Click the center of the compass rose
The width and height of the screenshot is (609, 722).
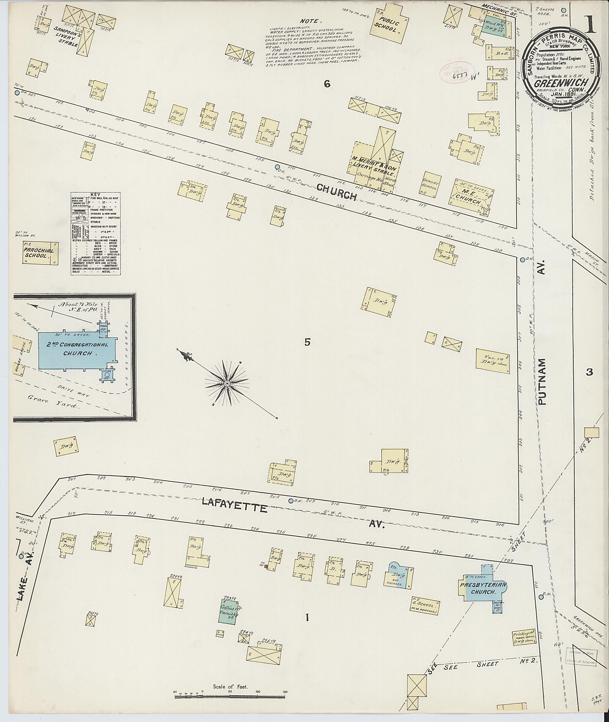point(227,383)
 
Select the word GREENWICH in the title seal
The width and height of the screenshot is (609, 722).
point(553,83)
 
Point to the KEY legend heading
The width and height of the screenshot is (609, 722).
point(95,195)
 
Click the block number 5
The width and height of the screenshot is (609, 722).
point(307,342)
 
